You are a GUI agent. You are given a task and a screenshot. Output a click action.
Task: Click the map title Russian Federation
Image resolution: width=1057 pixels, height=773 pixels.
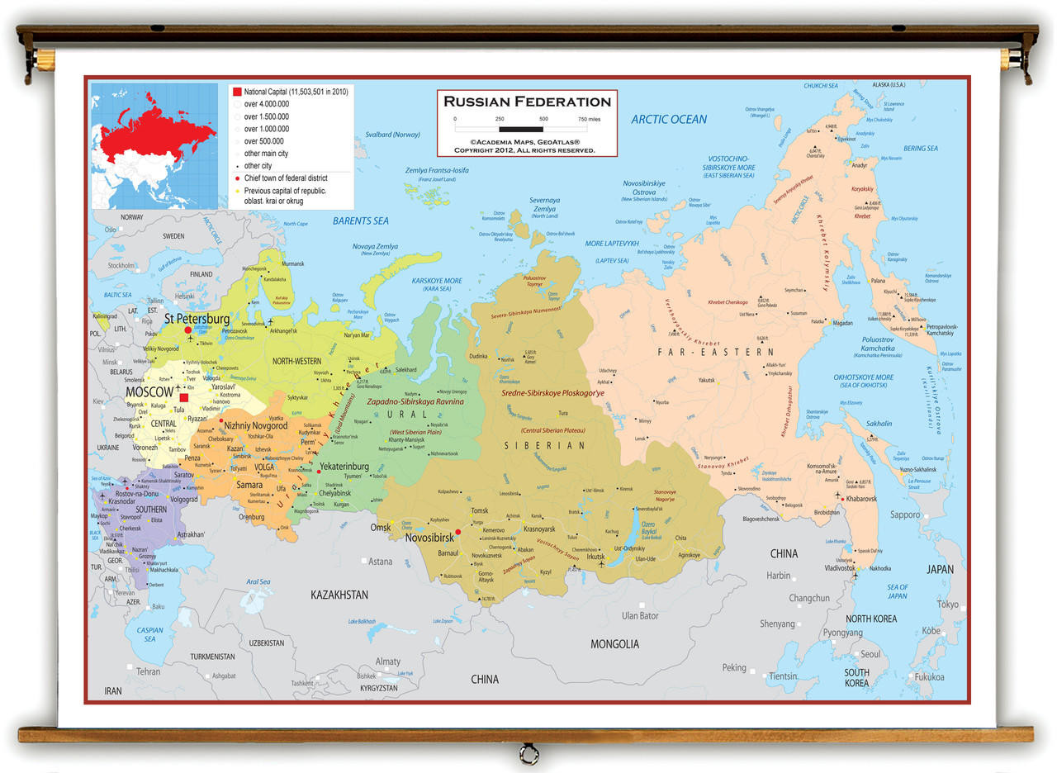pyautogui.click(x=527, y=102)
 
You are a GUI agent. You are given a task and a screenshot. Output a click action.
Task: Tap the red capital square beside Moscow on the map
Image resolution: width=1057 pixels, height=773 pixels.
pyautogui.click(x=184, y=398)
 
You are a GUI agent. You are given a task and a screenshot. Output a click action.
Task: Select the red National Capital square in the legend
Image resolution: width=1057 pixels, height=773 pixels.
pyautogui.click(x=236, y=91)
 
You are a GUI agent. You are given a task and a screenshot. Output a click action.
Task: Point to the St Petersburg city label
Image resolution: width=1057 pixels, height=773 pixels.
pyautogui.click(x=197, y=318)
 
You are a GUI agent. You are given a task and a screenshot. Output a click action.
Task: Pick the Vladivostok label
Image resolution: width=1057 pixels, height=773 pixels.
pyautogui.click(x=840, y=568)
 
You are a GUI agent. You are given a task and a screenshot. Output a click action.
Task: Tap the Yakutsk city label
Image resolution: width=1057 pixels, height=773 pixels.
pyautogui.click(x=706, y=381)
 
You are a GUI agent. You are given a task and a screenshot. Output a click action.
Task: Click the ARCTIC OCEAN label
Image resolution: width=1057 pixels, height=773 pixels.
pyautogui.click(x=669, y=120)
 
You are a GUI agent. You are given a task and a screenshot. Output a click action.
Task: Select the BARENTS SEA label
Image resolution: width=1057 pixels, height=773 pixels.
pyautogui.click(x=360, y=221)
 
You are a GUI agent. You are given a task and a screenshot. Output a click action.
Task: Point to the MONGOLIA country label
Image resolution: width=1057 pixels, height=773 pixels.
pyautogui.click(x=614, y=643)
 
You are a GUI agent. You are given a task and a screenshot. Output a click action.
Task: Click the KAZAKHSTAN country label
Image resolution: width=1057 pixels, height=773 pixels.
pyautogui.click(x=339, y=595)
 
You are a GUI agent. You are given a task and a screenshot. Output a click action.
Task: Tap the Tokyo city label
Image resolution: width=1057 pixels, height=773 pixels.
pyautogui.click(x=947, y=605)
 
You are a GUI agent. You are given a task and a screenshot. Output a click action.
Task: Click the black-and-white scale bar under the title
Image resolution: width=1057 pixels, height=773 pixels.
pyautogui.click(x=520, y=129)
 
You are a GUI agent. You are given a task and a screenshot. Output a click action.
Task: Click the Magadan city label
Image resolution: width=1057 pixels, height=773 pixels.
pyautogui.click(x=842, y=323)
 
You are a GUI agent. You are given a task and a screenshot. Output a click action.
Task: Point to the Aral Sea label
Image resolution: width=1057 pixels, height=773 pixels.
pyautogui.click(x=258, y=581)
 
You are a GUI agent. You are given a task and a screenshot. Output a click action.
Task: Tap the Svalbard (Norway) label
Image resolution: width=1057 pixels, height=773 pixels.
pyautogui.click(x=393, y=135)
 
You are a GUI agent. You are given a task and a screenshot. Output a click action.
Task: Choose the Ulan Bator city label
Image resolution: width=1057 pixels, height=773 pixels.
pyautogui.click(x=640, y=615)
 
